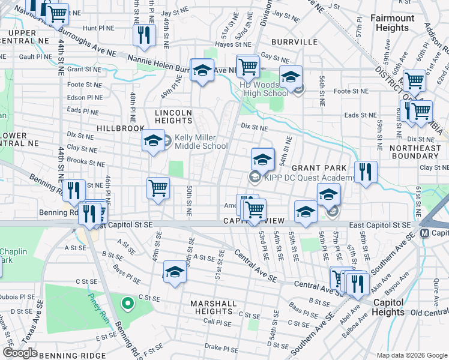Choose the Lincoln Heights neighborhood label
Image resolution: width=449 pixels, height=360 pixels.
(x=173, y=117)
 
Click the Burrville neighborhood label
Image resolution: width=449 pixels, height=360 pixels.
(x=294, y=42)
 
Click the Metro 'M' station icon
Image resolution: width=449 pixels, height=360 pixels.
(x=425, y=233)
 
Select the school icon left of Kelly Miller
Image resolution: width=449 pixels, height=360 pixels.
(x=153, y=142)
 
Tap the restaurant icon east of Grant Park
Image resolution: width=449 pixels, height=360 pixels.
(x=366, y=172)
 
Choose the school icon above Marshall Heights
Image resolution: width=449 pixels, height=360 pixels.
(x=175, y=271)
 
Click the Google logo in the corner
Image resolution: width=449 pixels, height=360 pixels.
(x=20, y=353)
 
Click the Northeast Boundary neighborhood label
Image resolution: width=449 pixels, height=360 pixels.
(x=415, y=152)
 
